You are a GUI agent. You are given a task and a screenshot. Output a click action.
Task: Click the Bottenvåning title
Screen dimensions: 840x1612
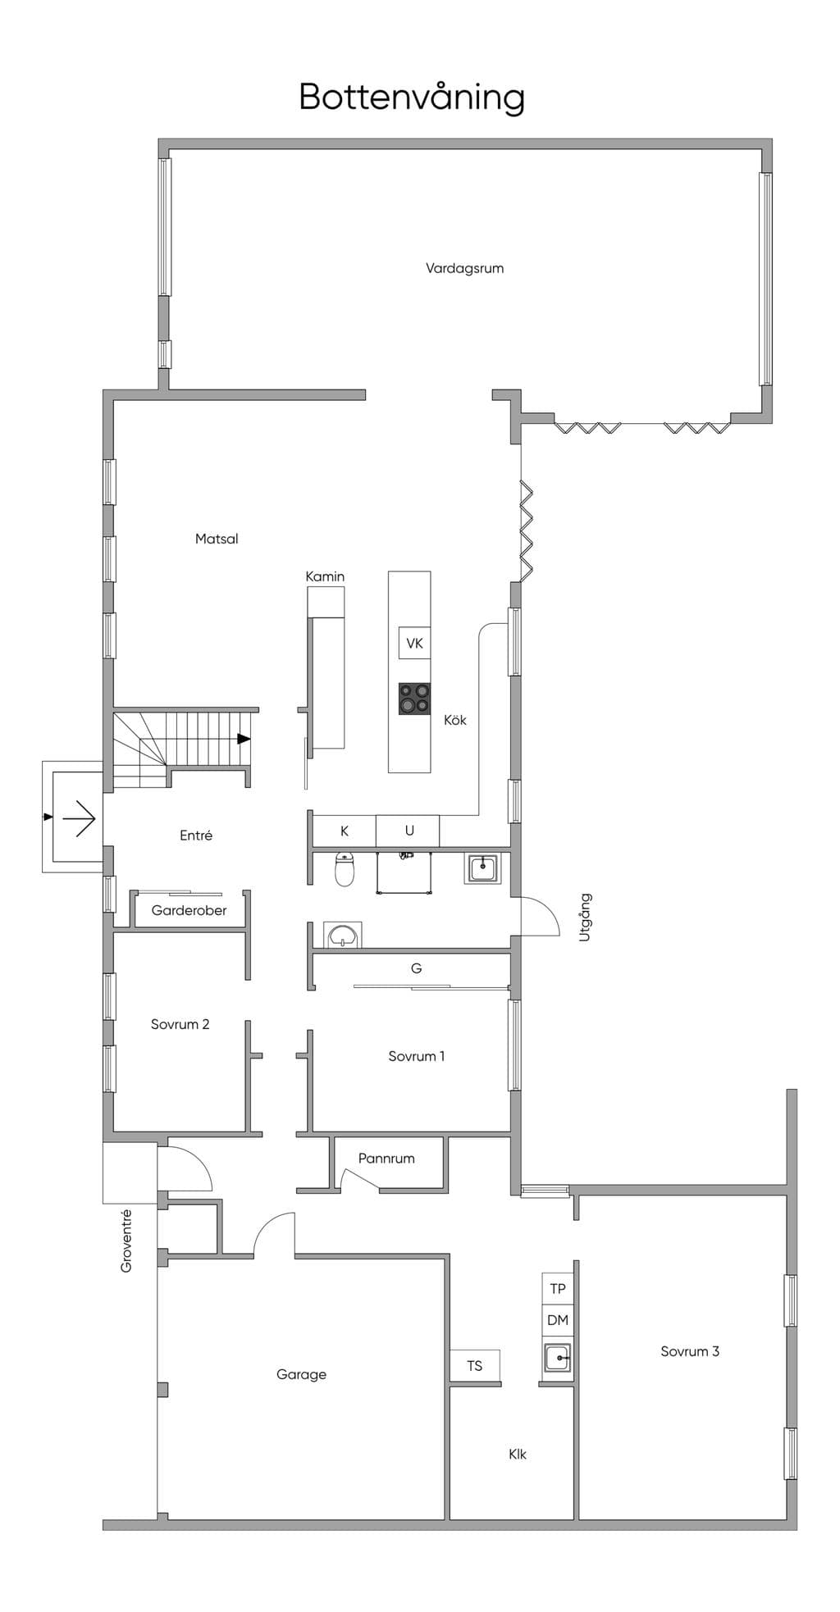412,98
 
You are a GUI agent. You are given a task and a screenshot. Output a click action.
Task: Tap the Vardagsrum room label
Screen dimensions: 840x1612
464,268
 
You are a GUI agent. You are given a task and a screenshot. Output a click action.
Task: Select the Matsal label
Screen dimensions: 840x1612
217,539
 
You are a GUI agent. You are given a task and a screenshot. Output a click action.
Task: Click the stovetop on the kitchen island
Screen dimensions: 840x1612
414,699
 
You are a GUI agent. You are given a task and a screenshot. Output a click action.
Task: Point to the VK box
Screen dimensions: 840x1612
414,643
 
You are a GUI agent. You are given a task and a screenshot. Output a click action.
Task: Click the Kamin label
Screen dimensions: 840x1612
325,576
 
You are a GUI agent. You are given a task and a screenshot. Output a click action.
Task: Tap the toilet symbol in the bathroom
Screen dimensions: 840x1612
345,869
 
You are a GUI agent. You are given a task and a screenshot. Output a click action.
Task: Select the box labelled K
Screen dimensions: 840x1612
345,831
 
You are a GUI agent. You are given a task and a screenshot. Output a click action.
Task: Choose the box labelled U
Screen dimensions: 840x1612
409,831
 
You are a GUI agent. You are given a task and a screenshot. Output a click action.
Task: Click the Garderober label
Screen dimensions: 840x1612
189,910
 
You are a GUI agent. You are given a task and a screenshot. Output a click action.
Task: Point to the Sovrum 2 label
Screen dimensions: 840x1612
180,1024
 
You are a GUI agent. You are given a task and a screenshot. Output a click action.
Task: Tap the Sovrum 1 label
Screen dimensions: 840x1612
417,1056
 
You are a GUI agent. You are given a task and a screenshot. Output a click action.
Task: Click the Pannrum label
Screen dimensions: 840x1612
386,1159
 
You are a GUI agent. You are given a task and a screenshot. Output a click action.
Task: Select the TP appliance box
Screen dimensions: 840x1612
558,1288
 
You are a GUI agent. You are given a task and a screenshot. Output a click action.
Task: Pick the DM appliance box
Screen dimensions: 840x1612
558,1320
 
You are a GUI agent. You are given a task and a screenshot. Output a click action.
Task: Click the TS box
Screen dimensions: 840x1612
475,1365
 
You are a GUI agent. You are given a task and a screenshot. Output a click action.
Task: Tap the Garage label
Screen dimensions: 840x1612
301,1374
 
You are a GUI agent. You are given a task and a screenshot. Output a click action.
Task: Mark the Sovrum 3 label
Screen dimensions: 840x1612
690,1351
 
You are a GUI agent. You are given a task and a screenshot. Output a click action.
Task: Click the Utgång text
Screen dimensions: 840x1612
585,917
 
